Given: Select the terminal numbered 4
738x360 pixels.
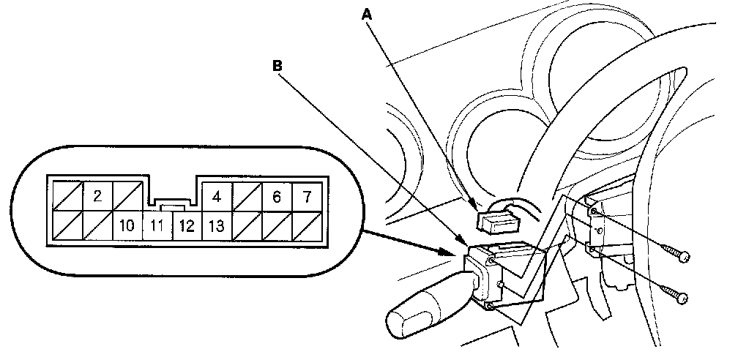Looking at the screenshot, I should click(x=216, y=195).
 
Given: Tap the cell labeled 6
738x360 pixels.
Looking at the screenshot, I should click(x=276, y=195).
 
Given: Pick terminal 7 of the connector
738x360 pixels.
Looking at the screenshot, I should click(x=307, y=195).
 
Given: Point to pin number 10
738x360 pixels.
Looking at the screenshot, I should click(x=126, y=226).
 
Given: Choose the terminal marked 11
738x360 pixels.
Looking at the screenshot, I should click(x=156, y=226).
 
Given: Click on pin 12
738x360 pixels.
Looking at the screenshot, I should click(x=186, y=226).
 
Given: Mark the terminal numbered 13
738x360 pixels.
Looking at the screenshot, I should click(x=216, y=226).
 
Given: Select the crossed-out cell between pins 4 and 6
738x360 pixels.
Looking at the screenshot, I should click(x=247, y=195).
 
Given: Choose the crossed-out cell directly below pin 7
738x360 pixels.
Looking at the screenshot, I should click(x=307, y=226).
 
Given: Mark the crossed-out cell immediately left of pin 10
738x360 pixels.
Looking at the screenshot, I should click(x=96, y=226).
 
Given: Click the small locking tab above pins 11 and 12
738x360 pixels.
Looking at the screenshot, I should click(x=171, y=207).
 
